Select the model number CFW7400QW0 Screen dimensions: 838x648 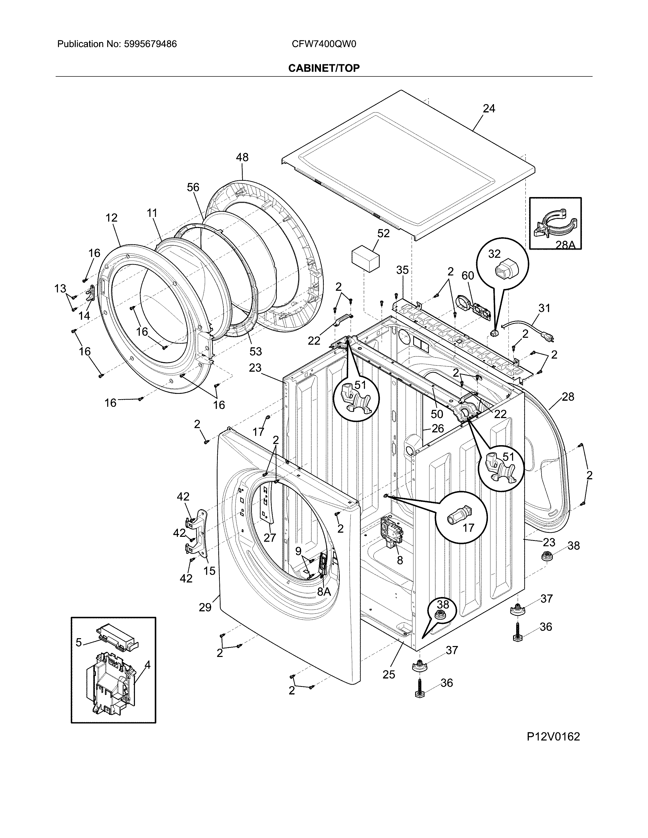point(323,44)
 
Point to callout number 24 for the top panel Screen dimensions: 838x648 point(489,109)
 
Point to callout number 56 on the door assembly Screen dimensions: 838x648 point(193,187)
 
